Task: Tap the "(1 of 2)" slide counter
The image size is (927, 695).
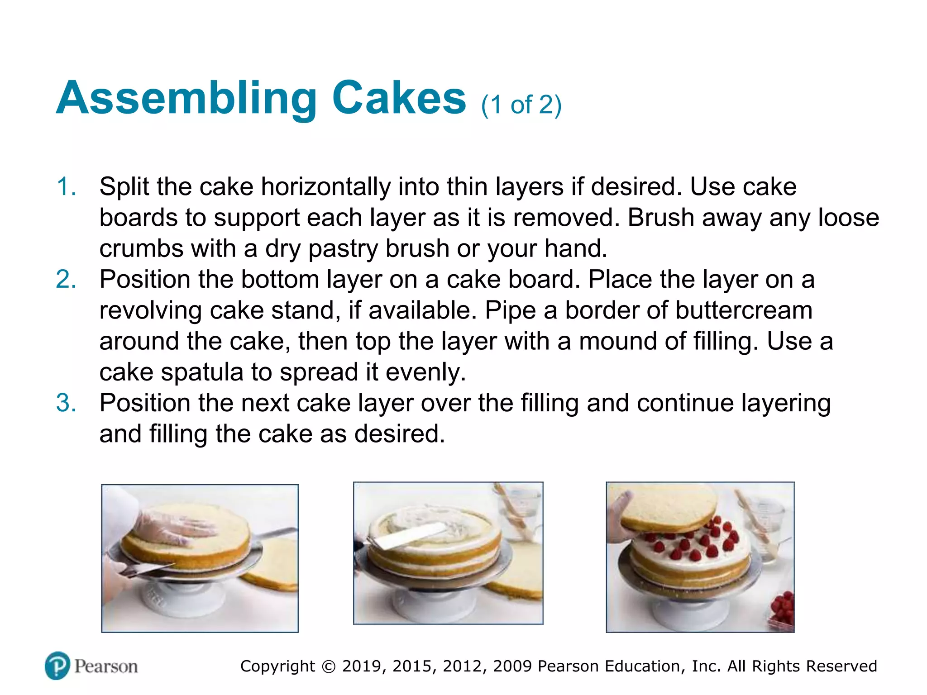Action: pyautogui.click(x=521, y=105)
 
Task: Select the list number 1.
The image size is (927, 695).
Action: pyautogui.click(x=66, y=187)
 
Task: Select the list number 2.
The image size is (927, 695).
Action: pyautogui.click(x=66, y=279)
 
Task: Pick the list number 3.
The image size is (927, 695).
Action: pyautogui.click(x=66, y=403)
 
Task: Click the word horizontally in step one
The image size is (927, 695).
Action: pyautogui.click(x=326, y=187)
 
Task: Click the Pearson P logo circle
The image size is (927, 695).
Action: pyautogui.click(x=57, y=666)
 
